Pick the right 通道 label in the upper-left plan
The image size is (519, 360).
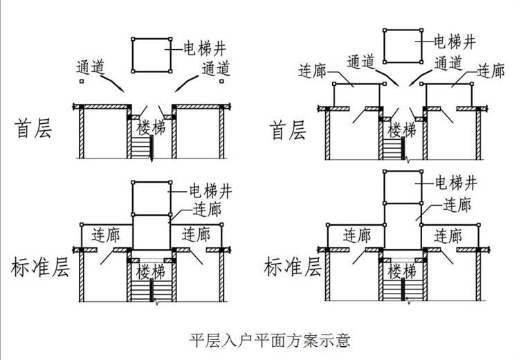click(x=215, y=69)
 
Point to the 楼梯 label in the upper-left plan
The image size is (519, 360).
click(x=151, y=128)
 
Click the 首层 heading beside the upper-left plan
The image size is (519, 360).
click(x=33, y=129)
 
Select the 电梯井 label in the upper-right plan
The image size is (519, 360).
click(x=454, y=40)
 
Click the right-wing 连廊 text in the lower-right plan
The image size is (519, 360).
click(x=448, y=235)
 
